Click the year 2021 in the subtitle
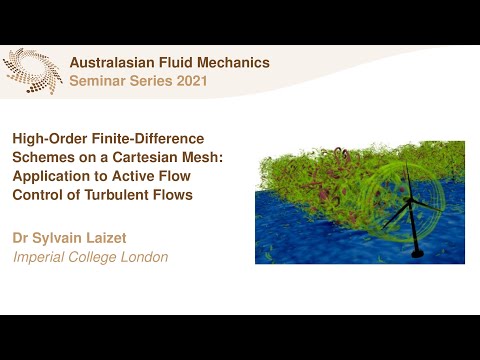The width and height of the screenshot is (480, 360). tap(189, 81)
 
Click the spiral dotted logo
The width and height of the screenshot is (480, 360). tap(32, 71)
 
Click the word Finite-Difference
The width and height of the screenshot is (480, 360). tap(150, 140)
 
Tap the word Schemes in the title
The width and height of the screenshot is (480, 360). tap(44, 158)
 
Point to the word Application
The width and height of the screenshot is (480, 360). tap(52, 177)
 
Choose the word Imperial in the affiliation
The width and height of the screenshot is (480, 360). tap(43, 257)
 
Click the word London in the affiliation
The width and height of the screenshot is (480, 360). tap(144, 257)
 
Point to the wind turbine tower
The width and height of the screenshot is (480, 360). tap(413, 235)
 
